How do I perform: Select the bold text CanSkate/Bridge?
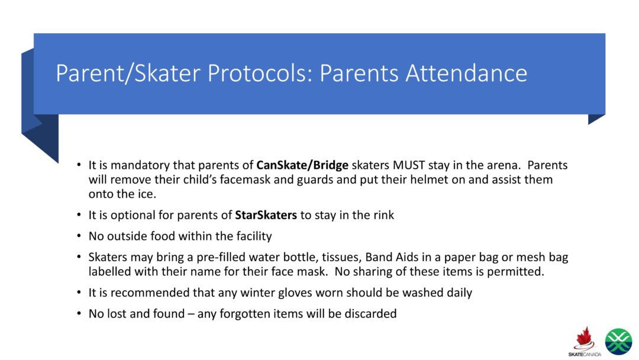click(302, 165)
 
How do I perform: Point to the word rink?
click(382, 215)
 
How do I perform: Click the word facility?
click(249, 236)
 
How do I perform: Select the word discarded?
click(369, 314)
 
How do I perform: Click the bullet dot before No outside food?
click(79, 237)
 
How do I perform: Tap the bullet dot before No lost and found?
click(79, 314)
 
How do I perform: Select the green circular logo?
click(618, 342)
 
